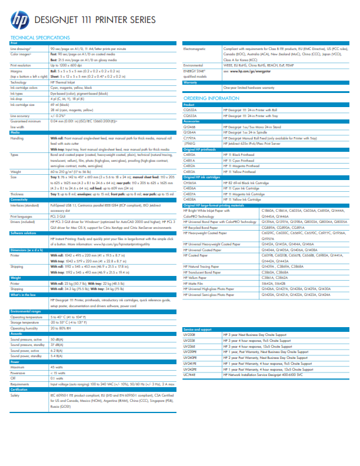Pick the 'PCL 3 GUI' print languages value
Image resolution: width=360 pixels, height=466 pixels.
[57, 216]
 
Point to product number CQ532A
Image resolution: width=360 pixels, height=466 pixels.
[191, 109]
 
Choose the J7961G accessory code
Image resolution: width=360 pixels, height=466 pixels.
[191, 142]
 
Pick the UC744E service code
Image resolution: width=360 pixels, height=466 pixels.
[189, 374]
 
